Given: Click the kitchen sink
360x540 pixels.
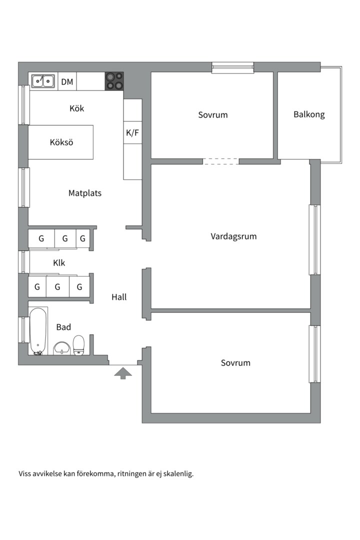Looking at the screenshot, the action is tap(43, 81).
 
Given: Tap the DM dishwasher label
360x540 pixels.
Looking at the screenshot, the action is tap(67, 81).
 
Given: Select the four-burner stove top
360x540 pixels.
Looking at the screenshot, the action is tap(114, 81).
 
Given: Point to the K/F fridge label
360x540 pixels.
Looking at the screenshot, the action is tap(132, 132).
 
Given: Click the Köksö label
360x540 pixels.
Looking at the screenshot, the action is tap(61, 142).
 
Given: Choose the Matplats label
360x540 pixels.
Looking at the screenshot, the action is tap(84, 193).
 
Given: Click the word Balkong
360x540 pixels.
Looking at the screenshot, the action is tap(309, 114).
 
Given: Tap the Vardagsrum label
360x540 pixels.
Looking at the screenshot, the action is tap(233, 236).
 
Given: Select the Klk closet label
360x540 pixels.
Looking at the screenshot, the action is tap(59, 263).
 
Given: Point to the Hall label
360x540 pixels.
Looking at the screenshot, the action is tap(119, 297).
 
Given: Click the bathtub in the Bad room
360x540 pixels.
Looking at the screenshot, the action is tap(37, 331).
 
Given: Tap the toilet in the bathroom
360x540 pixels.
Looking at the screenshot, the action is tap(79, 345).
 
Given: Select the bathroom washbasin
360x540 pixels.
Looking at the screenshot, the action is tap(62, 348).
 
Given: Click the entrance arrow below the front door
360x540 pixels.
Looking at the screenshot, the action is tap(123, 373).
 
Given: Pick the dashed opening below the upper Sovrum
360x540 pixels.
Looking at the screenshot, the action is tap(221, 161).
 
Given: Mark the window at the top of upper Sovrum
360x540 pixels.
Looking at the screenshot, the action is tap(233, 67).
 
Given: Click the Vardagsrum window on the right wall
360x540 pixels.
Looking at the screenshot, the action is tap(314, 239).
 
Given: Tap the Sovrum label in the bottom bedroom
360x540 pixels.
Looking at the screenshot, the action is tap(235, 362).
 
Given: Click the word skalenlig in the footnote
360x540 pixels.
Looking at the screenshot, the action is tap(178, 473).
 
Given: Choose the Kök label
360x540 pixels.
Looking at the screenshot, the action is tap(77, 108).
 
